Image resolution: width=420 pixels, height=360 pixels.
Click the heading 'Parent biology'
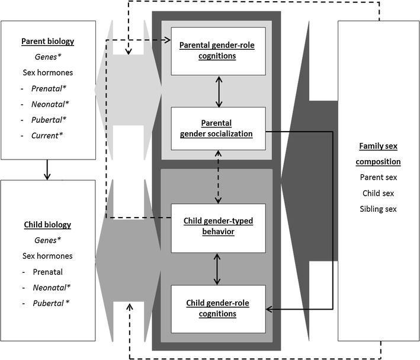(x=49, y=42)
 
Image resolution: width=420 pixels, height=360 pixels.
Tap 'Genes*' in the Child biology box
(x=49, y=240)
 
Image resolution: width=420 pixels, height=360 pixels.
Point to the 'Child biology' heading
(x=49, y=225)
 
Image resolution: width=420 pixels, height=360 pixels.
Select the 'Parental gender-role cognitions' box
(x=219, y=51)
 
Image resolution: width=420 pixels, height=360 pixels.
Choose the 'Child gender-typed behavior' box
(x=219, y=226)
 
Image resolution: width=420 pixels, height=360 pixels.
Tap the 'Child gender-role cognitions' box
(x=219, y=307)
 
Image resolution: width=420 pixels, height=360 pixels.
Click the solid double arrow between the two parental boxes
(x=219, y=91)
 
